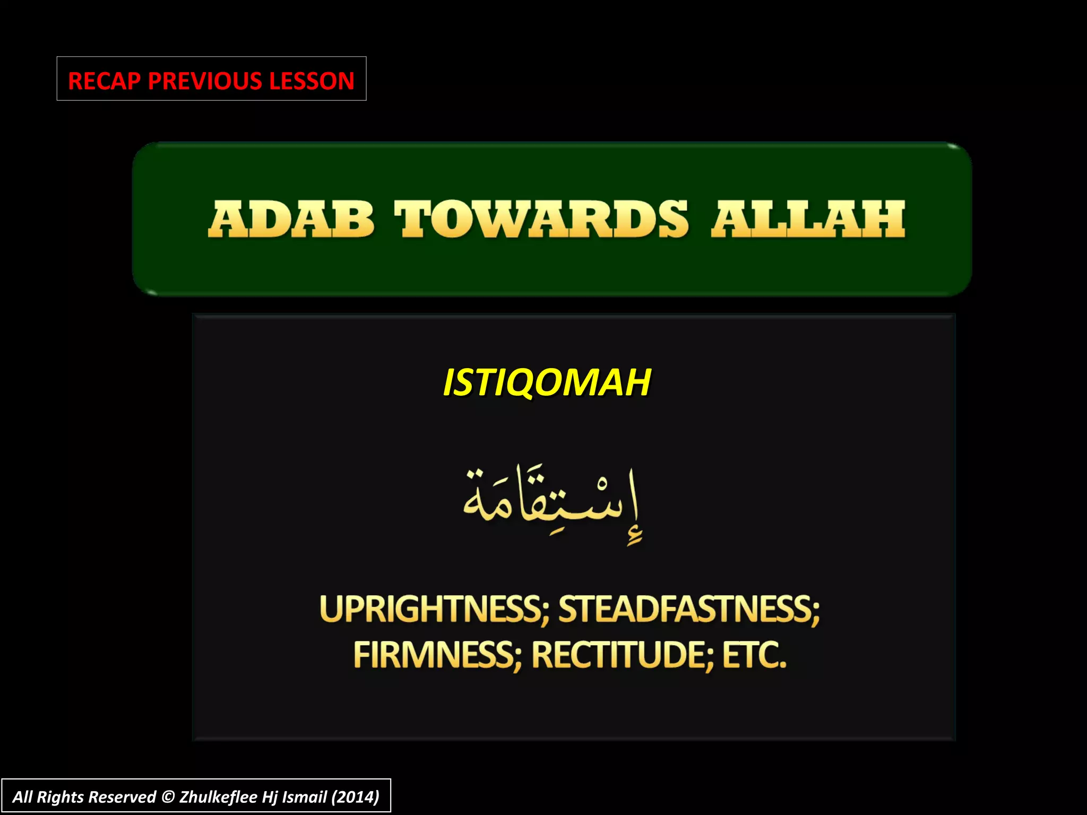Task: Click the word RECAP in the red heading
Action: pyautogui.click(x=104, y=81)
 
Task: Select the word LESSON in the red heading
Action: pyautogui.click(x=312, y=81)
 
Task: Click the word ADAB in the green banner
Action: pyautogui.click(x=291, y=219)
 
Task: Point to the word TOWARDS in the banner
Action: pyautogui.click(x=541, y=219)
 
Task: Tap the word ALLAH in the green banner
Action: pyautogui.click(x=808, y=219)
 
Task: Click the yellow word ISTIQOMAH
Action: pyautogui.click(x=547, y=383)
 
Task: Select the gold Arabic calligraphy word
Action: pyautogui.click(x=552, y=504)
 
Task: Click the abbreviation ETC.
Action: pyautogui.click(x=754, y=655)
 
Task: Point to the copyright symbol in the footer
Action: pyautogui.click(x=168, y=797)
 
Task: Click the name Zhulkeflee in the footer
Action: pyautogui.click(x=218, y=797)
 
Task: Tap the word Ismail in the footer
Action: pyautogui.click(x=304, y=797)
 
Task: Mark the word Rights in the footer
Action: pyautogui.click(x=60, y=797)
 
